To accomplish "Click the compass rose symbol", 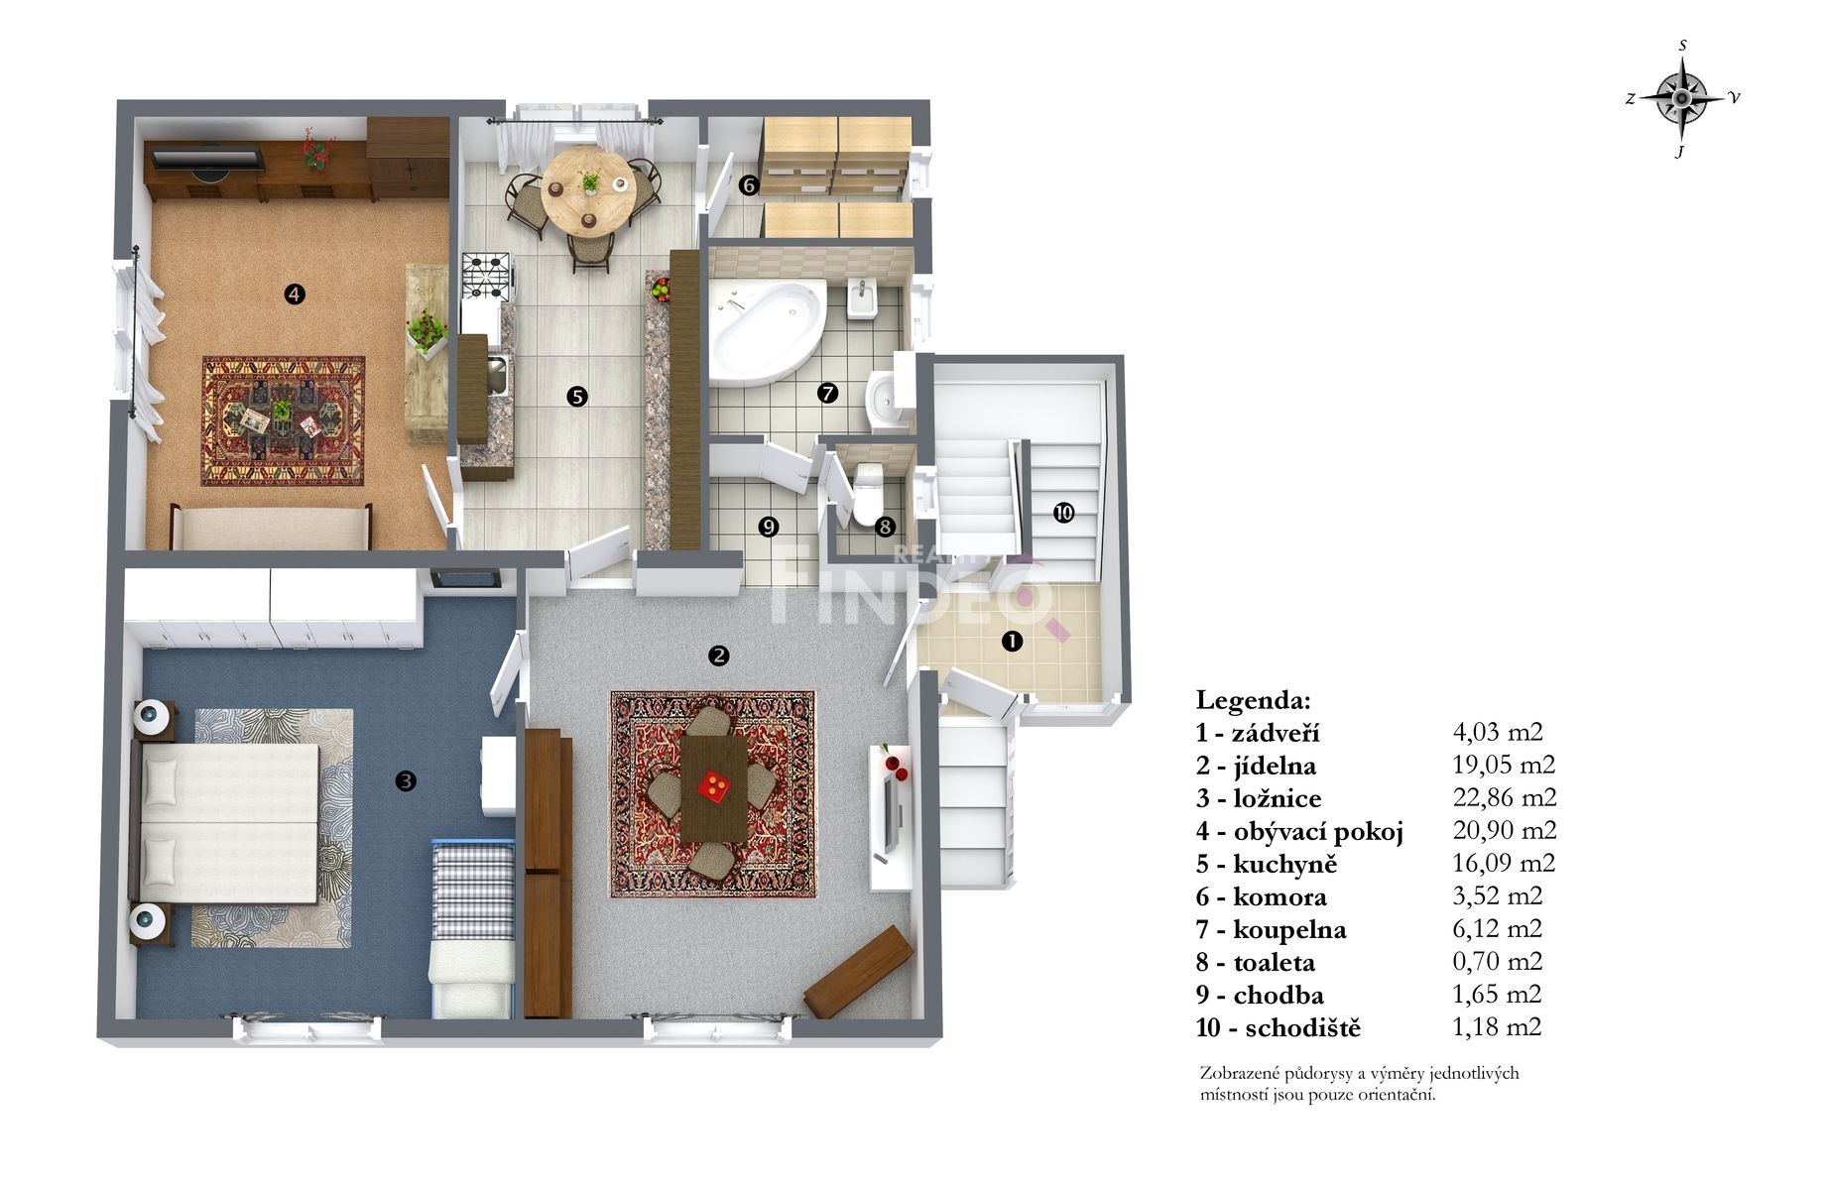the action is [1682, 97].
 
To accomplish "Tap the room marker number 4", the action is [294, 294].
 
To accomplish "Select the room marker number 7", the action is [827, 394].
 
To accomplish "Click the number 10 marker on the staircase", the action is [1063, 513].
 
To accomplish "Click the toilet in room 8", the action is [868, 493].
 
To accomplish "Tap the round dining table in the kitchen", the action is [588, 190].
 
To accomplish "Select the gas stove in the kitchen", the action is [486, 276].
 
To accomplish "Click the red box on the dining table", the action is [715, 785].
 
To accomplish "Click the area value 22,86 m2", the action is [1505, 797].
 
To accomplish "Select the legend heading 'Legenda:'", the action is [1254, 700].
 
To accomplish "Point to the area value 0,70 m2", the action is [1498, 961].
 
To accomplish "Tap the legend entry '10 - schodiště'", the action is [1279, 1027].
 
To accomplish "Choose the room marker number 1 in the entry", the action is [1012, 642].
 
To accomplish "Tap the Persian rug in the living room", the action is [284, 421].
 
